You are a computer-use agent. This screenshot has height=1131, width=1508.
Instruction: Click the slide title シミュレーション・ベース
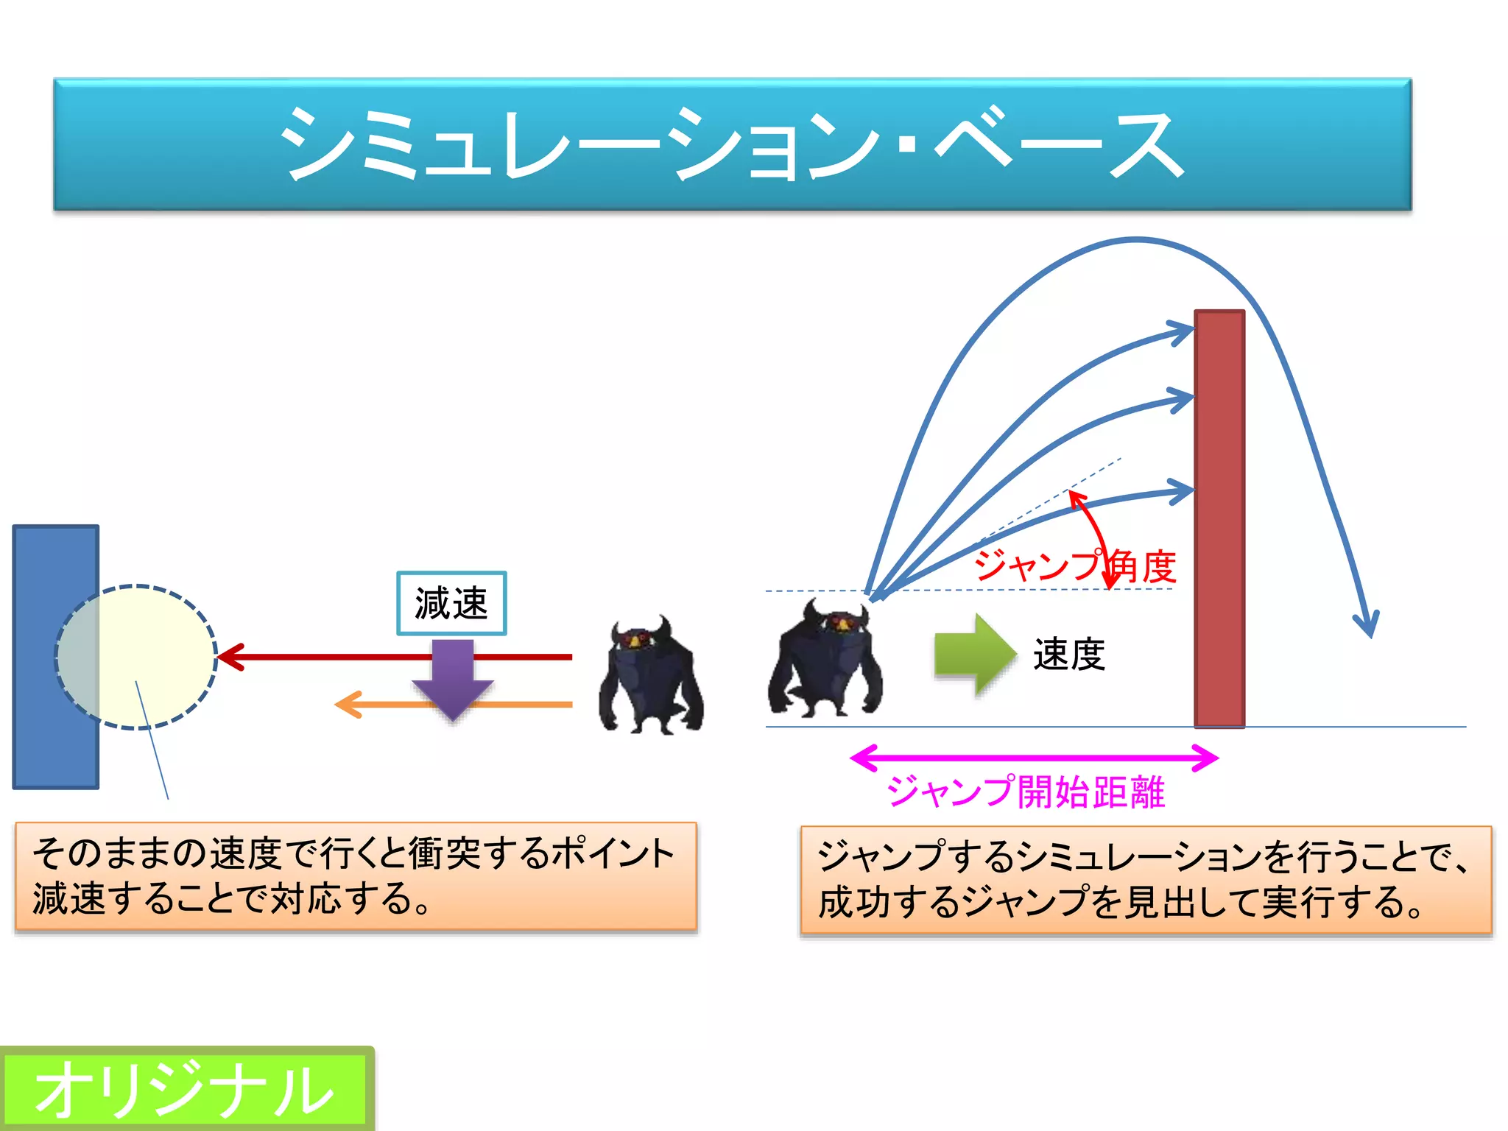point(732,144)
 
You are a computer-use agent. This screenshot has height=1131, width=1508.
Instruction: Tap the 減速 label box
point(451,603)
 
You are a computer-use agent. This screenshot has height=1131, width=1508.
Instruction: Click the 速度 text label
point(1069,655)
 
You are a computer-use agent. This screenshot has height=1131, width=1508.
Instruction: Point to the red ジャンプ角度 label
point(1075,565)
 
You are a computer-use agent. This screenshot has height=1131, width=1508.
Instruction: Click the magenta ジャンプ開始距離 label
point(1026,792)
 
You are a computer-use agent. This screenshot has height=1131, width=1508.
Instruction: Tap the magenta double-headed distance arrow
point(1034,758)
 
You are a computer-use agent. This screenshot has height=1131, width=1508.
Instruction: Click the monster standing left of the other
point(651,677)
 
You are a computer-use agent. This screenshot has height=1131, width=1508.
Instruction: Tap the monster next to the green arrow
point(825,659)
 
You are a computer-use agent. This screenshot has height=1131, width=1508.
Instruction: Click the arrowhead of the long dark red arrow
point(229,657)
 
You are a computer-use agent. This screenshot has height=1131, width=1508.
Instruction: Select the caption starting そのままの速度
point(356,876)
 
